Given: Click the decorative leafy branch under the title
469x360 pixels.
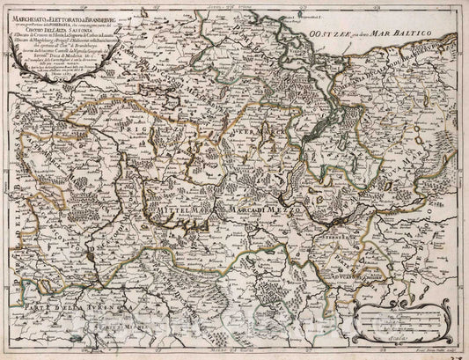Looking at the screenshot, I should click(x=53, y=114).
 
